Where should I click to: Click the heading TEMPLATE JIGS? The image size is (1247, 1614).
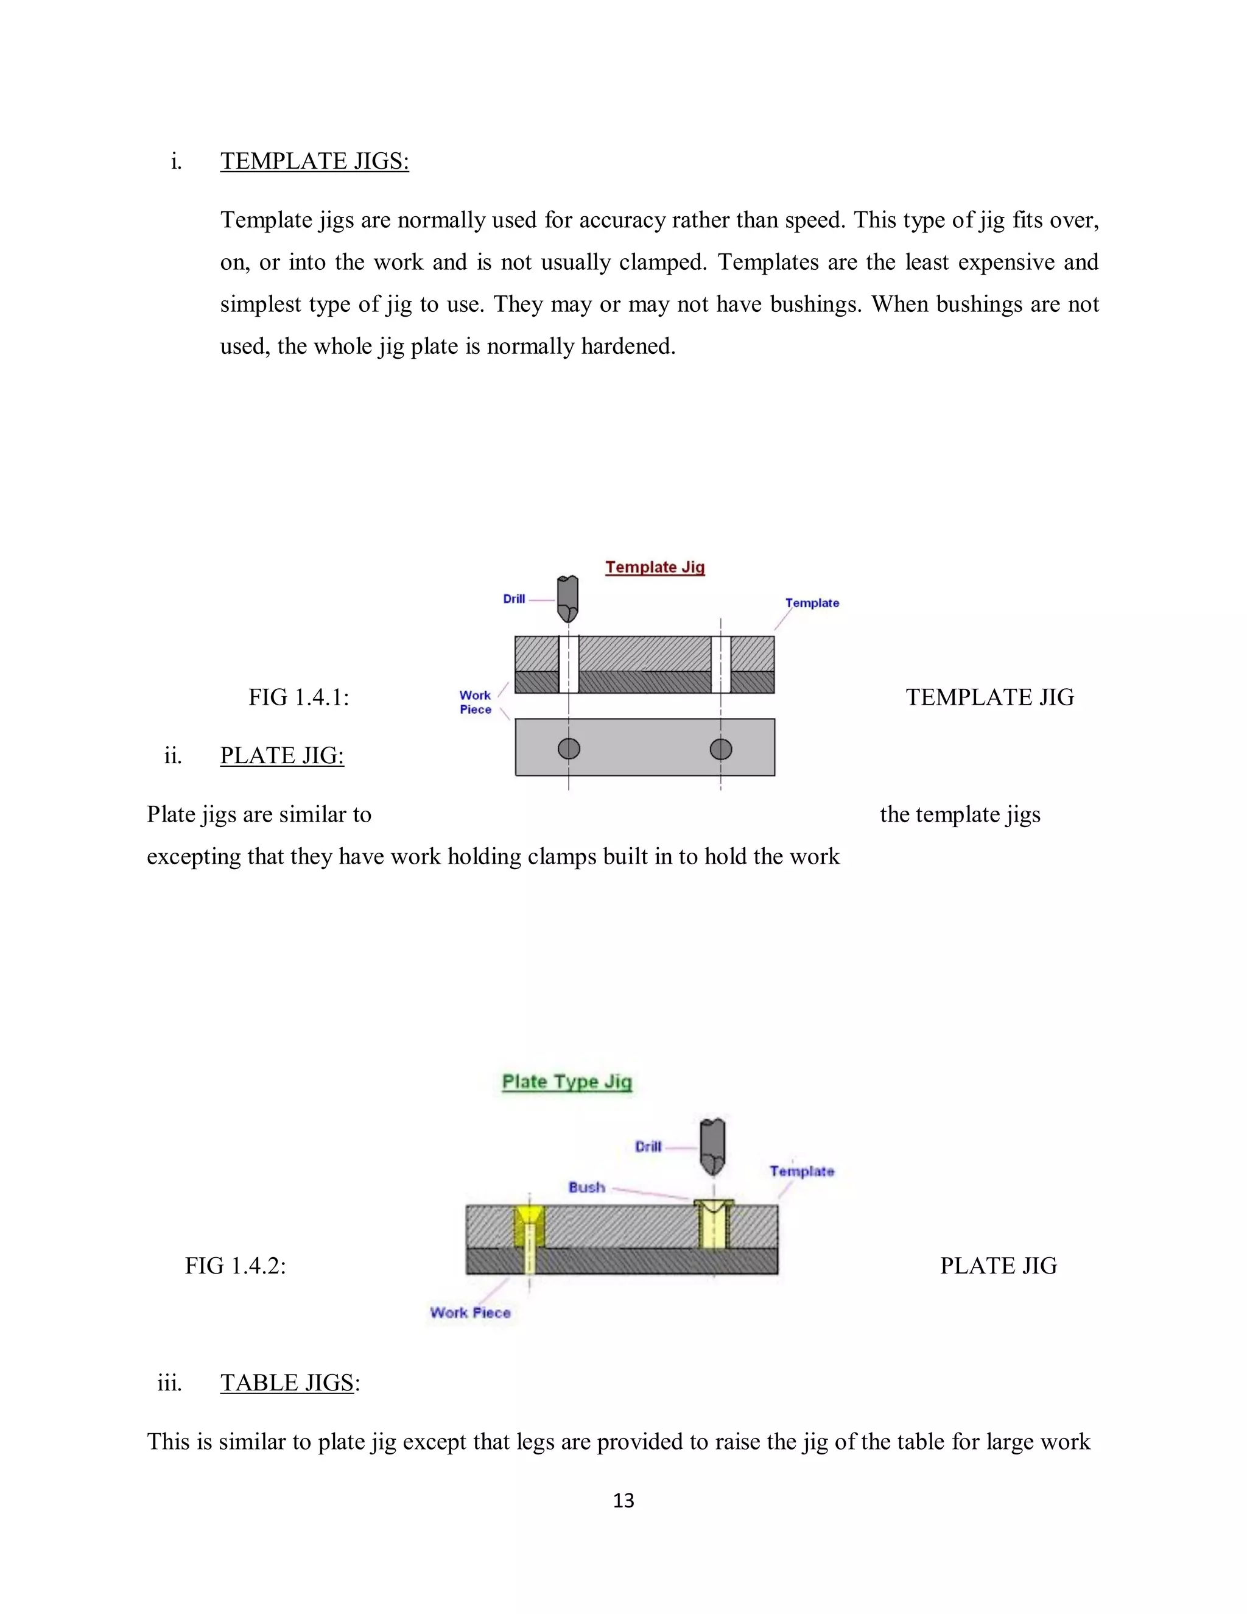point(314,161)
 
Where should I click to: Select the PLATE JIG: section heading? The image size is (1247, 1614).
point(281,755)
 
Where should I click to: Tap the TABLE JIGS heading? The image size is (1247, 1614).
point(287,1382)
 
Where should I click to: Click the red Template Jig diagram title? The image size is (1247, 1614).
point(655,567)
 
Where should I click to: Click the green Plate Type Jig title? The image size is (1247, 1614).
point(567,1081)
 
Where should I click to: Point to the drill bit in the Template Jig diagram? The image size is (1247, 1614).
point(567,598)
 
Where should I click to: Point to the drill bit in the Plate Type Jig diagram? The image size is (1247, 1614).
point(713,1146)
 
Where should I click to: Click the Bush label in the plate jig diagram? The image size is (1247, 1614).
point(586,1188)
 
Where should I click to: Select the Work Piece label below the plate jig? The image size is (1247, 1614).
point(471,1313)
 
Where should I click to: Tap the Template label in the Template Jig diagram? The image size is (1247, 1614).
point(812,603)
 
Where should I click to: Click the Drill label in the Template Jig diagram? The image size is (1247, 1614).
point(514,599)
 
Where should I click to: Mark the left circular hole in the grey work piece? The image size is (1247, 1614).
point(569,749)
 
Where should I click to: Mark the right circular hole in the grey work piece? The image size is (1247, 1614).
point(721,749)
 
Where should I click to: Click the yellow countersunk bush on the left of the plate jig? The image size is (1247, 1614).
point(529,1228)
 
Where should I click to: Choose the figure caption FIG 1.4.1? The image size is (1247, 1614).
point(298,697)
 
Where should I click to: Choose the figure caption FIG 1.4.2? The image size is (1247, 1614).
point(236,1266)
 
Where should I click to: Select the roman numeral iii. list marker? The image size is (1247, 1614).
point(169,1382)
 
